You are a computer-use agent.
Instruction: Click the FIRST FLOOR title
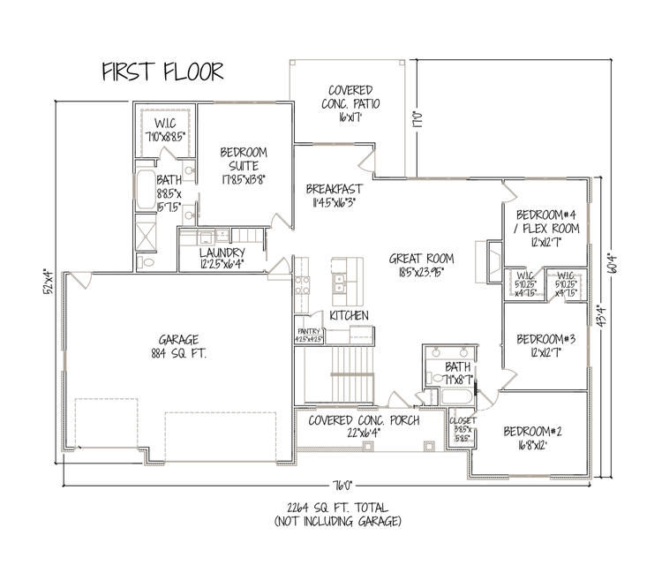(162, 71)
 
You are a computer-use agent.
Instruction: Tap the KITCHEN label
(350, 315)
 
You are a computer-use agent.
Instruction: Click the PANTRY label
(310, 333)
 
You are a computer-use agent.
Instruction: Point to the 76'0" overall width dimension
(342, 485)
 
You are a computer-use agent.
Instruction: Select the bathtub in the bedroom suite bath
(144, 188)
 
